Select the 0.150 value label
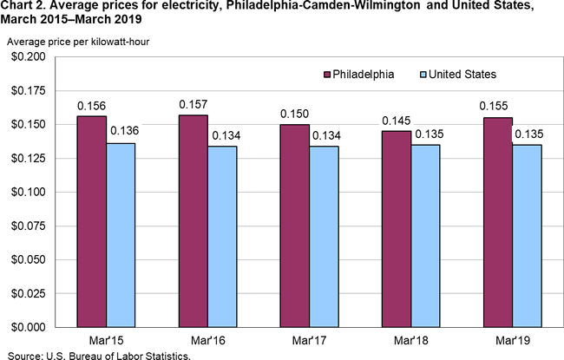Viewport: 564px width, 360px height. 295,114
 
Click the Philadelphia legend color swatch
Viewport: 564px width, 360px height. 328,75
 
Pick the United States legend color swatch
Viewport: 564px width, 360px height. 423,75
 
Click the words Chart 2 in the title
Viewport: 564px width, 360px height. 25,7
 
